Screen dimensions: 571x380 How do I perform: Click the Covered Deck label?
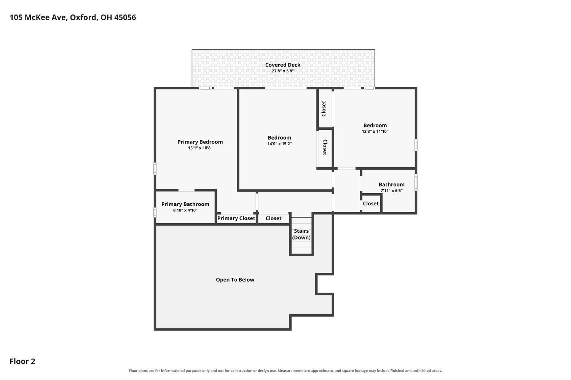[283, 65]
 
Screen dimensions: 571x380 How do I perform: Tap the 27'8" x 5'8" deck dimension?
[283, 71]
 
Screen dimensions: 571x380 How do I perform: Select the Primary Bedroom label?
[200, 142]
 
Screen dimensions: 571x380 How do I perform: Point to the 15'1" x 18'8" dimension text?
[200, 148]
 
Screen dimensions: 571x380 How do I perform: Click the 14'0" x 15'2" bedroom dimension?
[279, 144]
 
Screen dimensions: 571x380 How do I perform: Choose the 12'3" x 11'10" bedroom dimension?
[375, 131]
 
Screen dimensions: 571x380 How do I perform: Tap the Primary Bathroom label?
[185, 204]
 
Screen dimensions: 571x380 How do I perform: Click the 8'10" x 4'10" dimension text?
[185, 210]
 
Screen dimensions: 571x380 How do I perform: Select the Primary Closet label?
[236, 218]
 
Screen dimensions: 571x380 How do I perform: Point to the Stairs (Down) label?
[301, 234]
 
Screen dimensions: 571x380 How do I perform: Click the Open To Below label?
[235, 280]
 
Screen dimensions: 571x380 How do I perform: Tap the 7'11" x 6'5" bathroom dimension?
[392, 191]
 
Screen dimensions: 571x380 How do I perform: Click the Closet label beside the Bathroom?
[371, 204]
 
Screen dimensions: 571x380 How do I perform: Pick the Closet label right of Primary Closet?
[274, 218]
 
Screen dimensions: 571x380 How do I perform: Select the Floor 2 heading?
[22, 361]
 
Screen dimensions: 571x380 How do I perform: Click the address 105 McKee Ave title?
[73, 17]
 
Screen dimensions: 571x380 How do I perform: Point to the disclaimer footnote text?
[285, 371]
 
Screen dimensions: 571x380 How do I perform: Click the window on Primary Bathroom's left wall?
[155, 212]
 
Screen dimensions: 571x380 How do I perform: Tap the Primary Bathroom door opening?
[187, 190]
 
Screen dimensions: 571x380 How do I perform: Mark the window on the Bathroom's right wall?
[416, 182]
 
